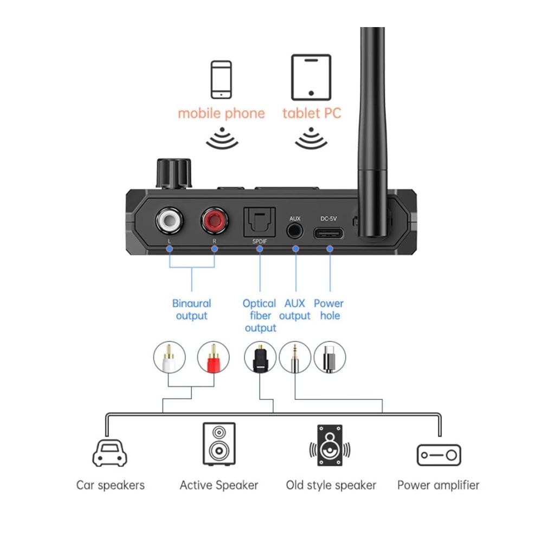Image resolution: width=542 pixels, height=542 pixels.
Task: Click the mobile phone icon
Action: point(221,79)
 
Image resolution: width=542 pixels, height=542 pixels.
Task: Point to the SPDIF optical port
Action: point(260,222)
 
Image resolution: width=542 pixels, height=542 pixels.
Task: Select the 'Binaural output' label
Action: point(191,309)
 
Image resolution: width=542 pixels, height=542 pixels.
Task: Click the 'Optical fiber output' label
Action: point(260,315)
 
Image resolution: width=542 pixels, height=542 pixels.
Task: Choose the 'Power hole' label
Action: point(328,309)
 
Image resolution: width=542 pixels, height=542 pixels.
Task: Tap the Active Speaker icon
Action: point(219,444)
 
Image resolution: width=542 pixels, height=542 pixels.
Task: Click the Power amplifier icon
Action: point(438,455)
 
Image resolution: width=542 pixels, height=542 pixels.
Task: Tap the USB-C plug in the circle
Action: point(330,358)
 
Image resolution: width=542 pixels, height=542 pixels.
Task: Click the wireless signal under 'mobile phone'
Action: point(222,138)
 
